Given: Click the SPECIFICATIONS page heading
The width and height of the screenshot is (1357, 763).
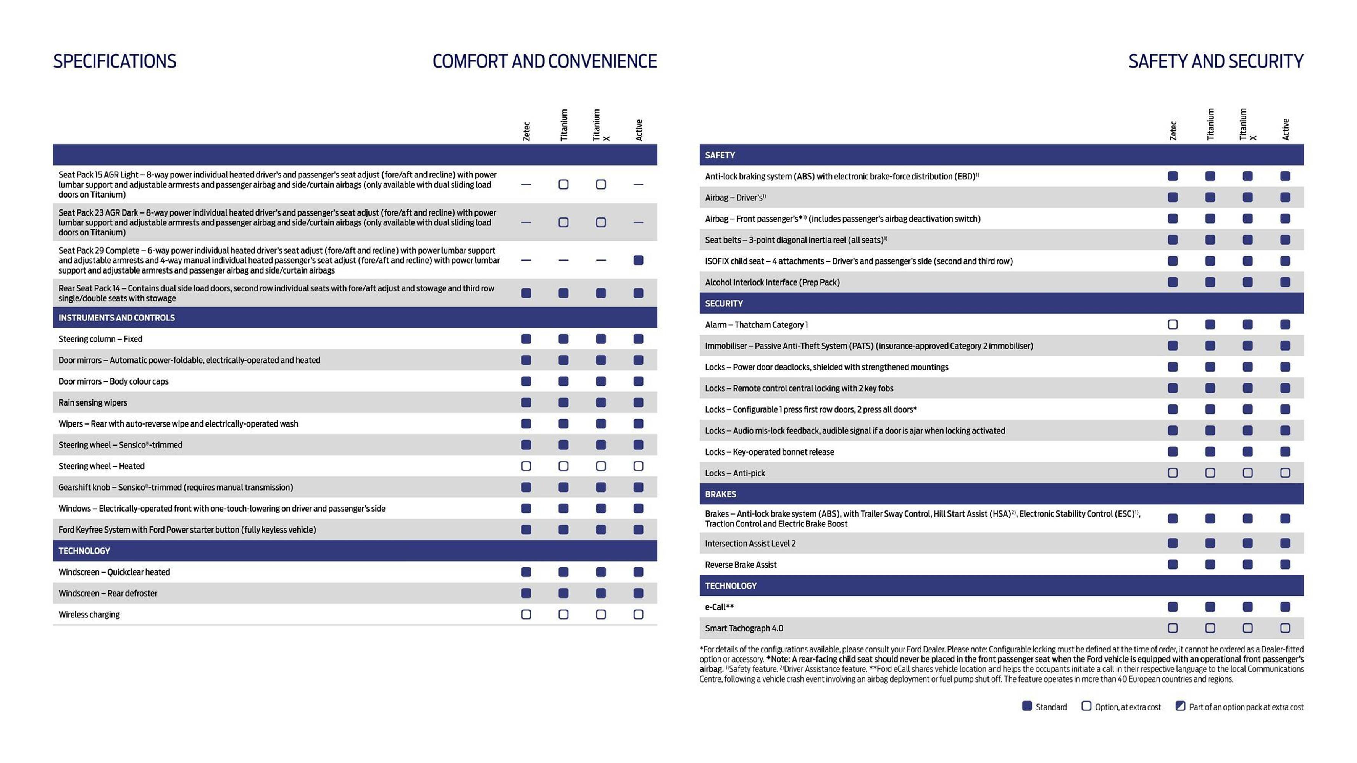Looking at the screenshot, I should (115, 61).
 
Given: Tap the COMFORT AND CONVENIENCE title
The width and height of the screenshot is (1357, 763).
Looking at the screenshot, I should (544, 61).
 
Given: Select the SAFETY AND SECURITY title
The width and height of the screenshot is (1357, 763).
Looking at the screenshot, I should (1215, 61).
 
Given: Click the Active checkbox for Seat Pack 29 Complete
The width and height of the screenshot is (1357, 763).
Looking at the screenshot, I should (638, 260).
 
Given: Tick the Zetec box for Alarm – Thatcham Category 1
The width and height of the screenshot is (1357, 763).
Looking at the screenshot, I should (1172, 324).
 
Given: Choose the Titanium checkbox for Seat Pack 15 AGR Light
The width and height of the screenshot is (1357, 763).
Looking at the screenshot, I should (563, 184).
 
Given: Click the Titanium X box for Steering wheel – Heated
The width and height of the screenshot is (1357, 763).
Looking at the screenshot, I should (600, 466).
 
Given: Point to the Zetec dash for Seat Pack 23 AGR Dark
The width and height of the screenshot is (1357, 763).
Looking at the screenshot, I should (526, 222).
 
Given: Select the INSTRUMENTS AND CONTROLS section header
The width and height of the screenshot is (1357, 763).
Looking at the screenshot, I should (116, 317).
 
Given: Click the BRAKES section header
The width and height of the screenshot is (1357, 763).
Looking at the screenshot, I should (720, 494).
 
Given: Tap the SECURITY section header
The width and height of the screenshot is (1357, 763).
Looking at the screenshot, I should (724, 303).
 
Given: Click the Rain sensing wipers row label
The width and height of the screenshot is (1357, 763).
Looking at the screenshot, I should (93, 402).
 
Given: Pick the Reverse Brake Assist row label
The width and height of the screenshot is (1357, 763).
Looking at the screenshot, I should (741, 565).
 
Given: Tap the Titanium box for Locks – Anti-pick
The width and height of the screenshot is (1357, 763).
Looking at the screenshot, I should (1210, 473).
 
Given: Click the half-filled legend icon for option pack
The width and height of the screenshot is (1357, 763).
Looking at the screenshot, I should (1180, 706).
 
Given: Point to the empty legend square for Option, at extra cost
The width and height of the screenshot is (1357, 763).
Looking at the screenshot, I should (1086, 706).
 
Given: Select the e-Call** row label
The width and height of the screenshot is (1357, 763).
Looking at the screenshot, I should (719, 607).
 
